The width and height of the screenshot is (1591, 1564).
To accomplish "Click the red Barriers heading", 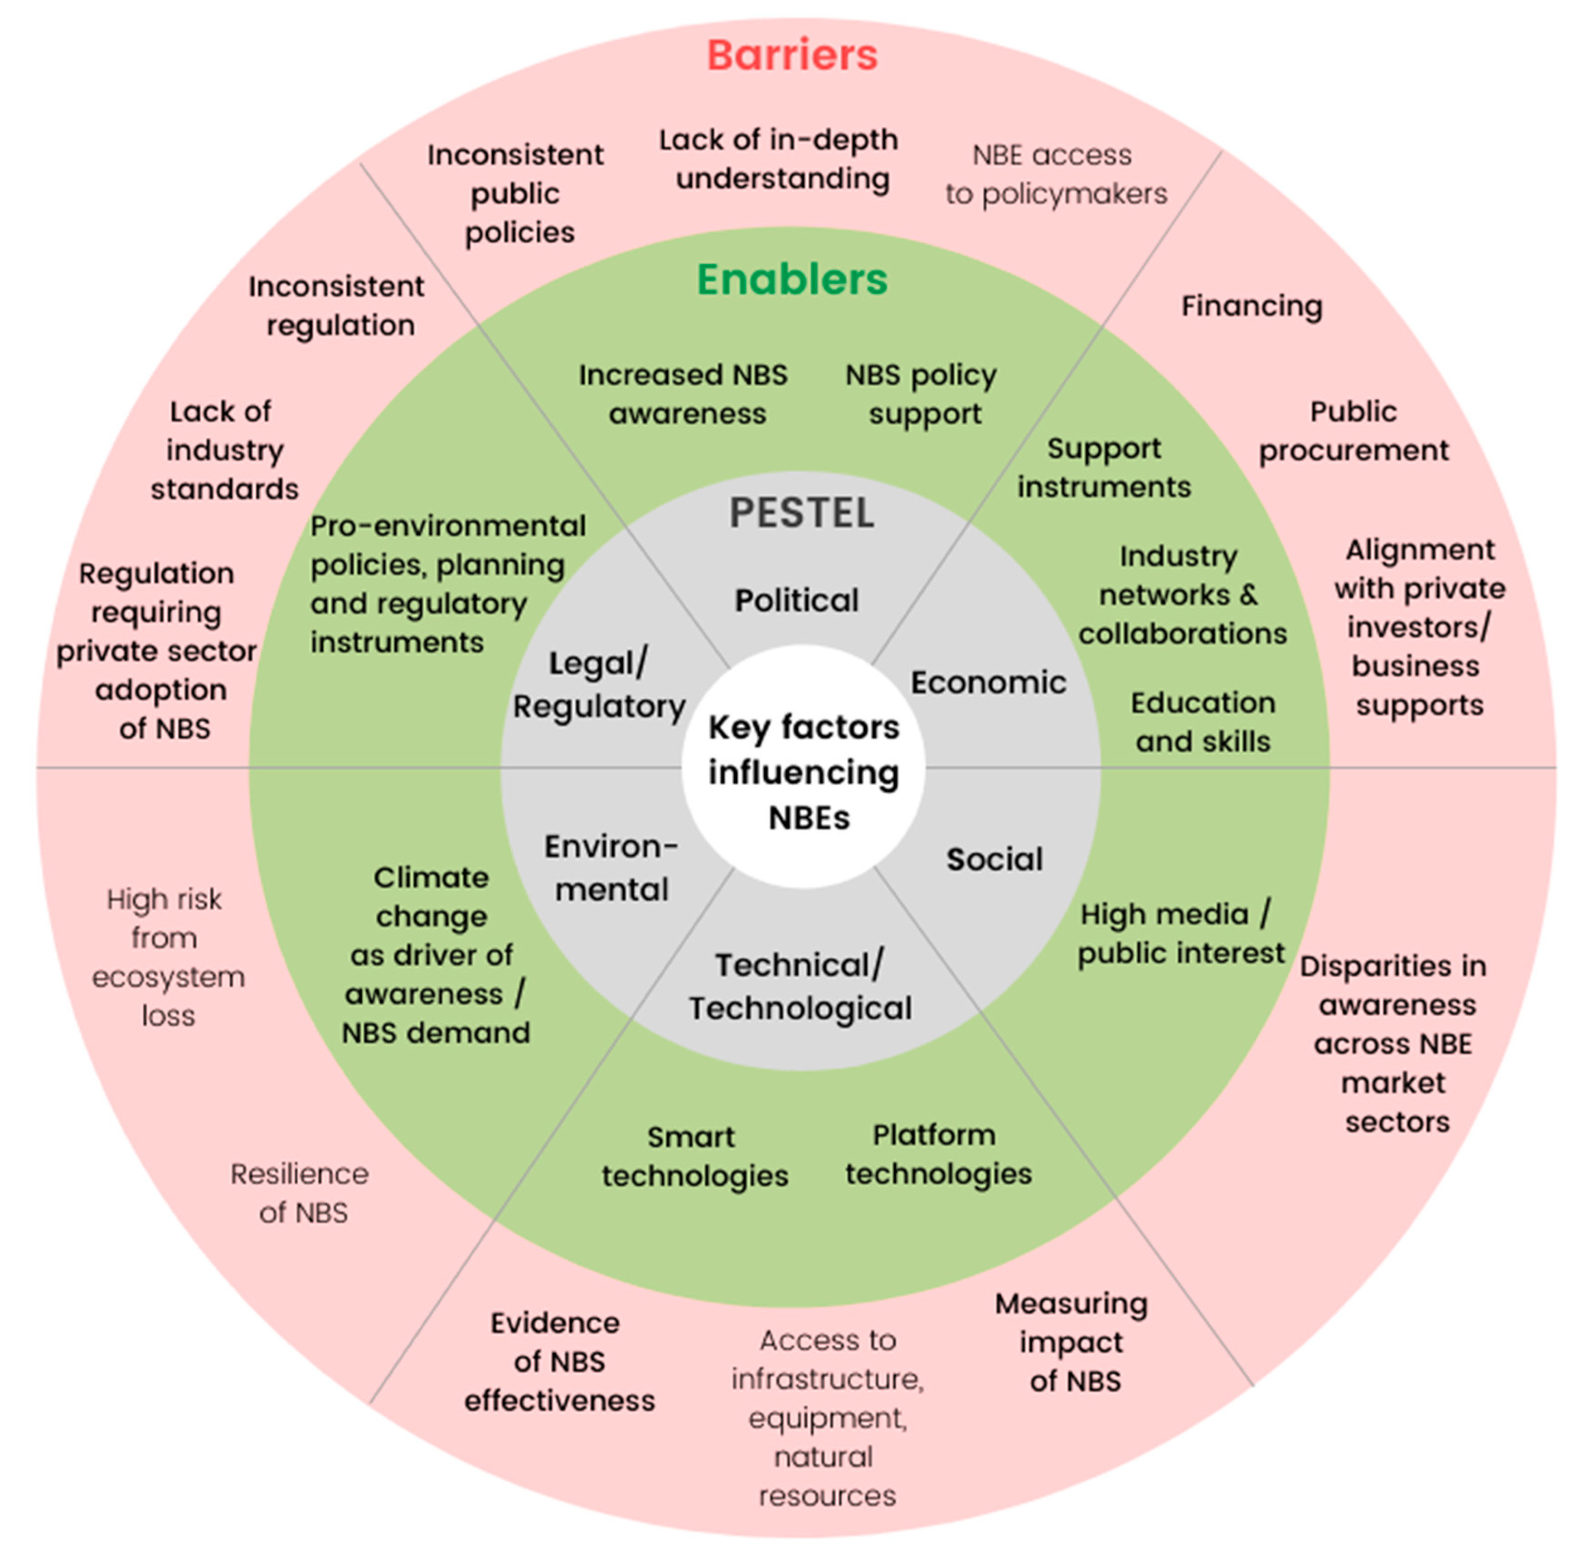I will [791, 56].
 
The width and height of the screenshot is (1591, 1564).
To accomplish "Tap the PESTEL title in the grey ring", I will [801, 513].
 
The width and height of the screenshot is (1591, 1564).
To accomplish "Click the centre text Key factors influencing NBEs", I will [804, 772].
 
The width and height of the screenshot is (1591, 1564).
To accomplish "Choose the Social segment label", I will [994, 859].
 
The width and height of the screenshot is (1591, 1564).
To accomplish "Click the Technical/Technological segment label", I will [800, 986].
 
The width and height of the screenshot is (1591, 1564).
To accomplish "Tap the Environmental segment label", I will [611, 868].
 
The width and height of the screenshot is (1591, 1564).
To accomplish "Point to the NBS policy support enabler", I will [921, 394].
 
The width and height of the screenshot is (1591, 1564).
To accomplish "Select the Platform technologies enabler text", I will [938, 1154].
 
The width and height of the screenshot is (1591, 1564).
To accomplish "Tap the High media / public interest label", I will [1179, 934].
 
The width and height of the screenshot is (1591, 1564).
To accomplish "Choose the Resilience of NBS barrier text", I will [300, 1193].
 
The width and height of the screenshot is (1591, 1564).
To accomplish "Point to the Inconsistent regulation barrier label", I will [337, 305].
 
